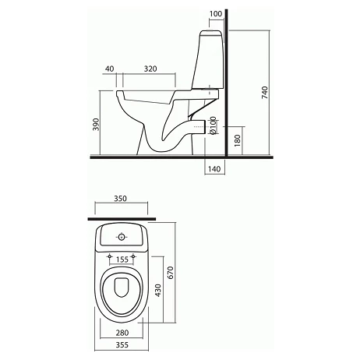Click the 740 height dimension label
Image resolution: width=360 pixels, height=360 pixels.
coord(265,93)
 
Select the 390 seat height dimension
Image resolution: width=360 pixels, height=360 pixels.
coord(96,125)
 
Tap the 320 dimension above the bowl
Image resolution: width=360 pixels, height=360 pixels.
coord(150,69)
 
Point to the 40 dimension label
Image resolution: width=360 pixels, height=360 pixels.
coord(110,69)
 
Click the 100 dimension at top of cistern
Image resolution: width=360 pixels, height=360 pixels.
coord(216,13)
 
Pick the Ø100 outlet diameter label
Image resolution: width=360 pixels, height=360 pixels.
coord(213,125)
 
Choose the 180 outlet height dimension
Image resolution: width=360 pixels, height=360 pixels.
coord(238,140)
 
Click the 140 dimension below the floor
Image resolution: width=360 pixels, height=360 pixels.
coord(214,169)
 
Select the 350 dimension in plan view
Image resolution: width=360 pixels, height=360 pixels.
coord(121,199)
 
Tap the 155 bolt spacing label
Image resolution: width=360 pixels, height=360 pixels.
coord(122,259)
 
